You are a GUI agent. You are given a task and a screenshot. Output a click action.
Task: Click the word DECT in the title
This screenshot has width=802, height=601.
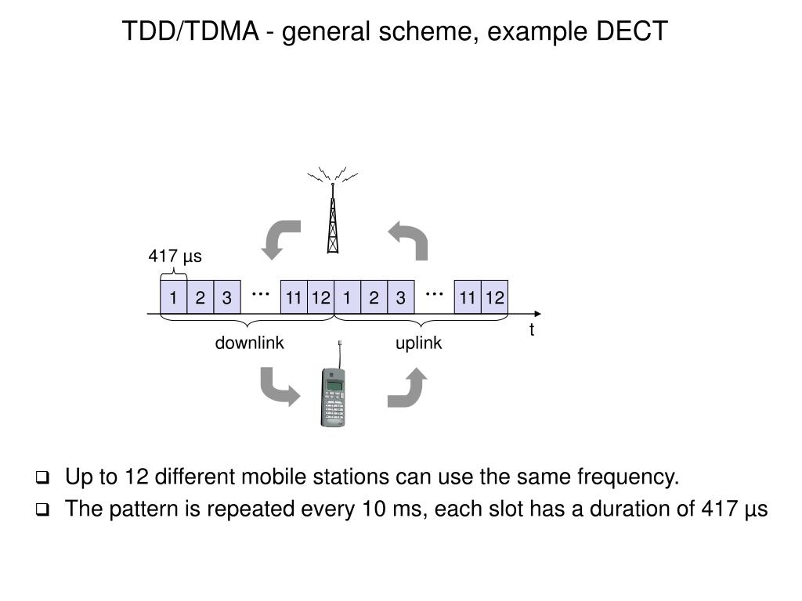click(632, 31)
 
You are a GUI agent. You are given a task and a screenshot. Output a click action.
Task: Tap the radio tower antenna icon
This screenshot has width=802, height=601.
click(332, 210)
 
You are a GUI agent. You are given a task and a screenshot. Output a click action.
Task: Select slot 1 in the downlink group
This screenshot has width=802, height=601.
click(173, 297)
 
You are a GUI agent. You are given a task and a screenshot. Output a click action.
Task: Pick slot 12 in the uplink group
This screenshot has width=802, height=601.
click(495, 297)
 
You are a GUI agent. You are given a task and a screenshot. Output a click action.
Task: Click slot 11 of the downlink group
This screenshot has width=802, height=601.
click(294, 297)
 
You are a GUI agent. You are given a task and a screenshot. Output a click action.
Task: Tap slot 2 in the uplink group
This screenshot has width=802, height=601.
click(374, 297)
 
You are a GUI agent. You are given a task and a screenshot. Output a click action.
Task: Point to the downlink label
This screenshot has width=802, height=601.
click(249, 343)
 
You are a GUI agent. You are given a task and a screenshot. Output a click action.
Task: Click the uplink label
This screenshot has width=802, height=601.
click(418, 344)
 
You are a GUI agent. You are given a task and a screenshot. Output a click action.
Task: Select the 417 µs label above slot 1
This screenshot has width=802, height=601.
click(175, 256)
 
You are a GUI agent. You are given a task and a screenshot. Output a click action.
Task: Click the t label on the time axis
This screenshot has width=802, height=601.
click(532, 329)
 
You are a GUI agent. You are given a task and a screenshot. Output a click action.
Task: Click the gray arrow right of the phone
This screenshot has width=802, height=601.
click(407, 387)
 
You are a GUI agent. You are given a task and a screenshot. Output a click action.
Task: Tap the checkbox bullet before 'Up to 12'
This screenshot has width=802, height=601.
click(42, 478)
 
